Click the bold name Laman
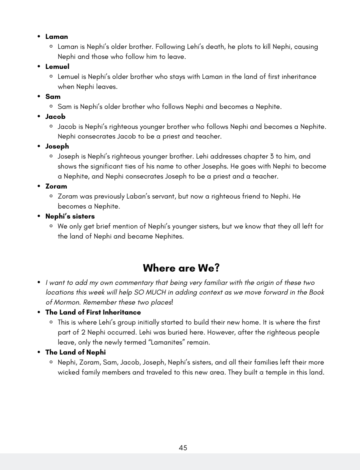coord(57,37)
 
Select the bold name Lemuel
coord(57,67)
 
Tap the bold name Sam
coord(53,97)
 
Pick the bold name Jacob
coord(55,117)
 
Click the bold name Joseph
coord(57,146)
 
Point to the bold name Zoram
coord(56,186)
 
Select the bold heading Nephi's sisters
coord(70,216)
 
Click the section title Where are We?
coord(181,268)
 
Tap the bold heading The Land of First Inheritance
coord(93,312)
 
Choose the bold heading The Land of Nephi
coord(75,352)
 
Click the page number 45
coord(183,448)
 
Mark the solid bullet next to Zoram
coord(39,186)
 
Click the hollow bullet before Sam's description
coord(51,107)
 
